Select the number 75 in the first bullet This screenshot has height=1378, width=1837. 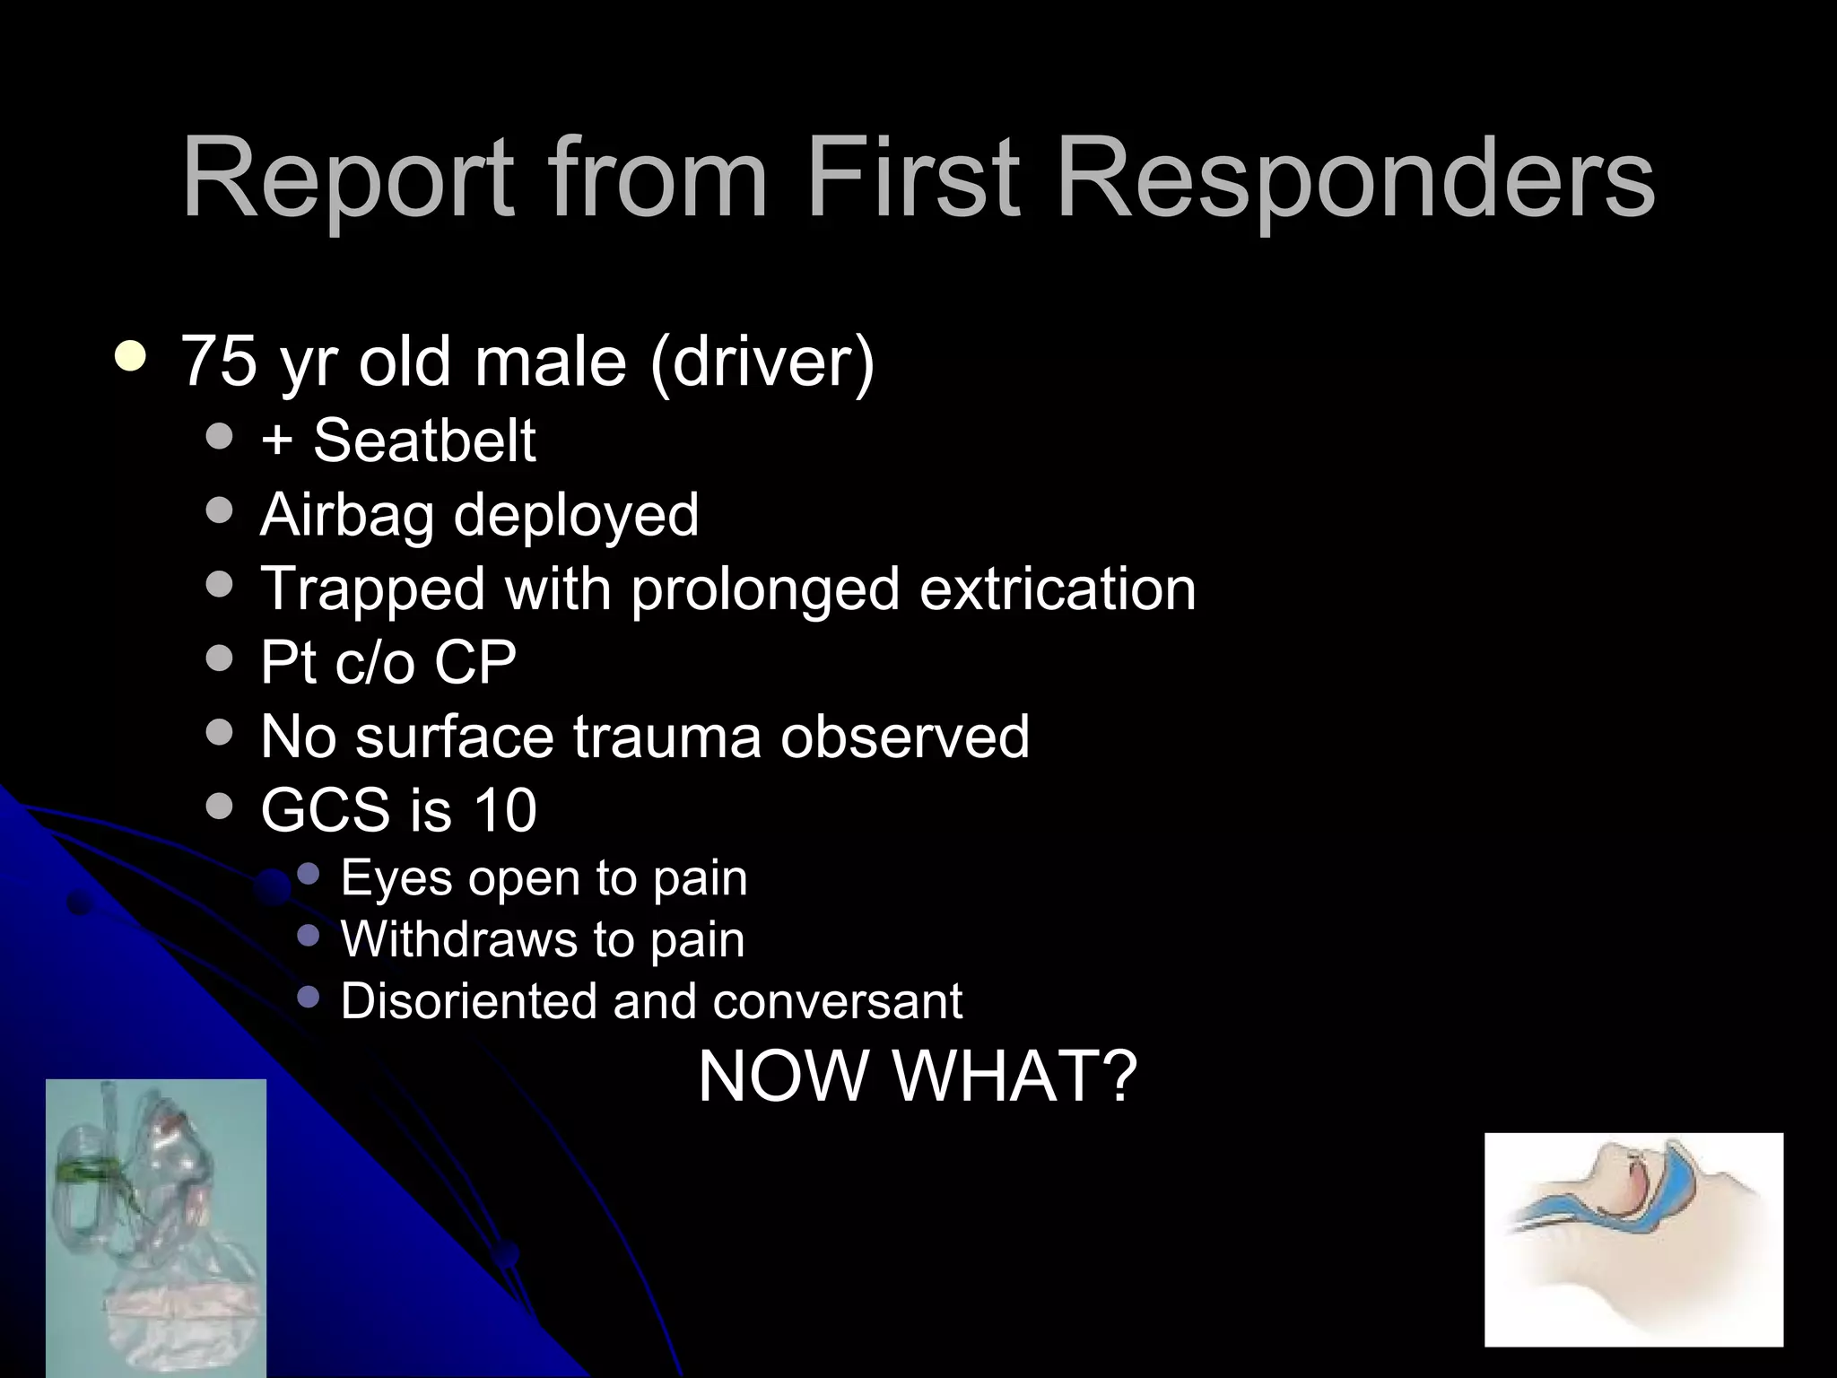(219, 361)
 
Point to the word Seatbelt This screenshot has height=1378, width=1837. (424, 440)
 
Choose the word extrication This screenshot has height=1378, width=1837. (1058, 589)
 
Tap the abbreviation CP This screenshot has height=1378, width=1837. (475, 663)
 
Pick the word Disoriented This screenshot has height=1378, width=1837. (467, 1000)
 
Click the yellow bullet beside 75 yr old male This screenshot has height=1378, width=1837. (132, 356)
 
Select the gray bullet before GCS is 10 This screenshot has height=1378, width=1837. (219, 806)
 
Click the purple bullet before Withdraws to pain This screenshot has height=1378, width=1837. (308, 936)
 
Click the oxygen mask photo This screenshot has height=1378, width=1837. (156, 1227)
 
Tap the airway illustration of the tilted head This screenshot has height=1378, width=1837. (1633, 1239)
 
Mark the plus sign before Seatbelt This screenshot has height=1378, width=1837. (276, 440)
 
